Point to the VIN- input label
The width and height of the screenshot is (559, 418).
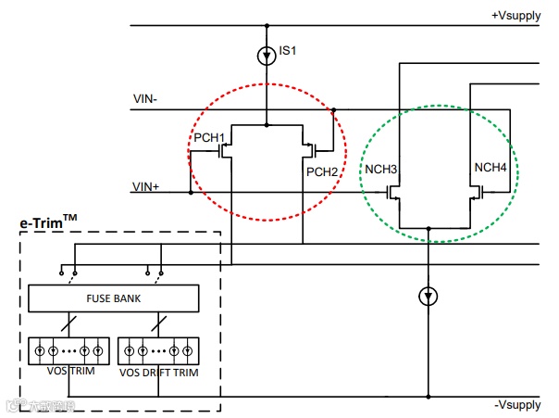[x=145, y=98]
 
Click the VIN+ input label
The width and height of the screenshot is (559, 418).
[x=146, y=186]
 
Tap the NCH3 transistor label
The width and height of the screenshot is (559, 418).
[x=380, y=171]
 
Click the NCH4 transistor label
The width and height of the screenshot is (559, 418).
[x=491, y=167]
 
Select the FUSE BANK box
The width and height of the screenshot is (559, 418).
[x=113, y=298]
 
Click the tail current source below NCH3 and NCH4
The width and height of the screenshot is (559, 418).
[x=428, y=296]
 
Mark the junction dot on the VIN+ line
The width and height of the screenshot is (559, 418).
[x=190, y=193]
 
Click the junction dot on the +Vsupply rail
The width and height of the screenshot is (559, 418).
[x=267, y=25]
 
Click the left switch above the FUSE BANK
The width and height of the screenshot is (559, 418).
[x=68, y=272]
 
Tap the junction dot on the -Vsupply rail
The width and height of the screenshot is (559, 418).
[x=428, y=397]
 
